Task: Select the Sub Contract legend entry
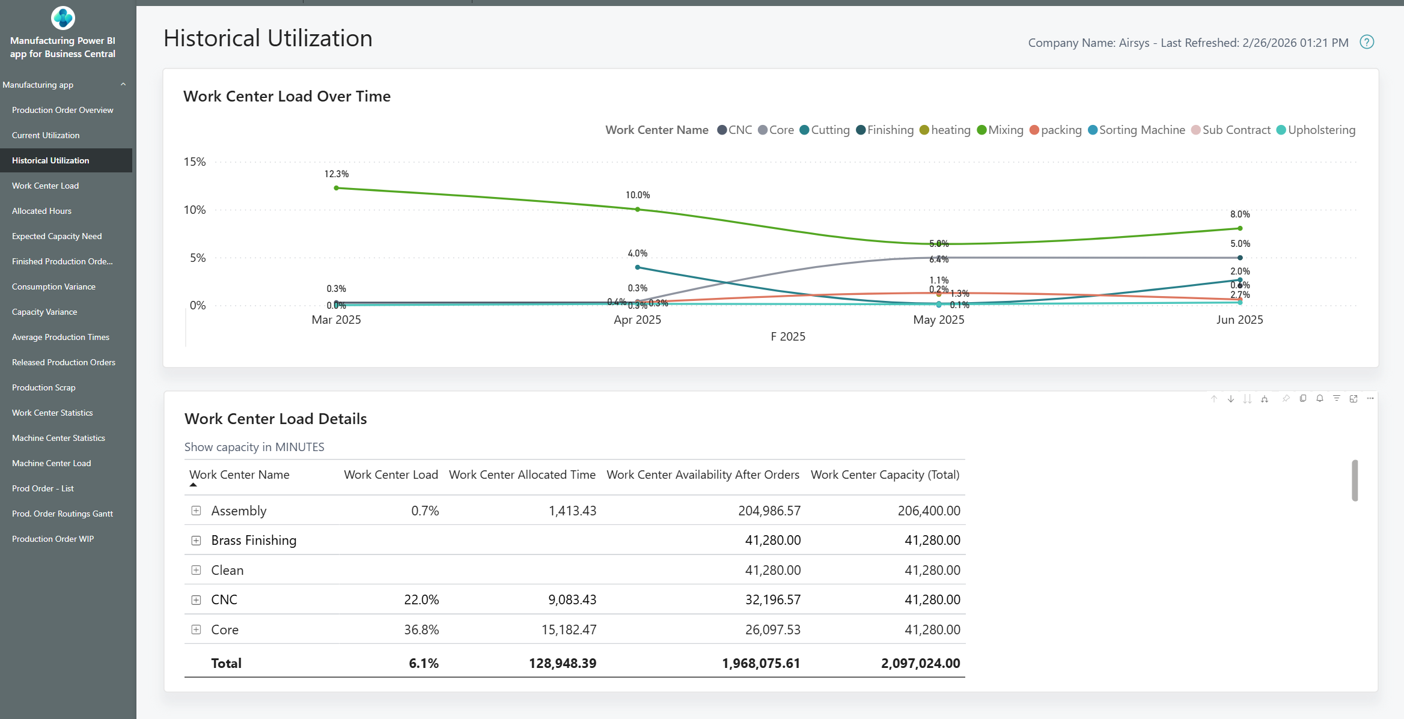[1236, 130]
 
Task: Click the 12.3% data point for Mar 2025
[337, 188]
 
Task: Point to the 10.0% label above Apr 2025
[638, 195]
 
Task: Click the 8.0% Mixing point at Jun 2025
[1240, 228]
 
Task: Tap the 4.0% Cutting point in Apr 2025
[638, 267]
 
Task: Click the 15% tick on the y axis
[195, 162]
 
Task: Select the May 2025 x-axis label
[938, 320]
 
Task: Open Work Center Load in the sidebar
[45, 186]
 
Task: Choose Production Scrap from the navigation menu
[43, 387]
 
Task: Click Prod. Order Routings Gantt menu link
[63, 514]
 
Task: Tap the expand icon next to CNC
[196, 600]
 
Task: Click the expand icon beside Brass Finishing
[196, 541]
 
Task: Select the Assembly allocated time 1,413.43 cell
[572, 511]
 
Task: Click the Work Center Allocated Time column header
[522, 475]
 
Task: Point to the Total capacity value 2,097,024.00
[920, 664]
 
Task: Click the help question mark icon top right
[1367, 42]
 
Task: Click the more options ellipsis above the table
[1370, 399]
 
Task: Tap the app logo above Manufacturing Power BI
[63, 18]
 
